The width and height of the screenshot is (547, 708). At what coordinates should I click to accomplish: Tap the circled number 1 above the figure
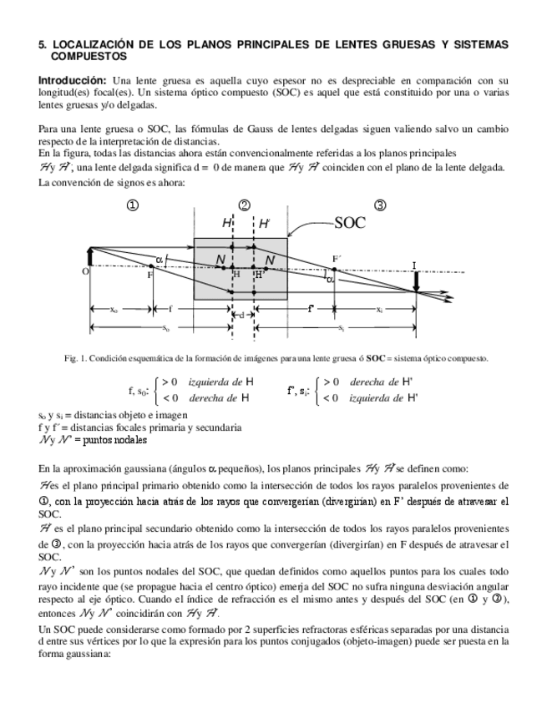pyautogui.click(x=133, y=205)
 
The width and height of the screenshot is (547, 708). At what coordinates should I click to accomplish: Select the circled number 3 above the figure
pyautogui.click(x=381, y=205)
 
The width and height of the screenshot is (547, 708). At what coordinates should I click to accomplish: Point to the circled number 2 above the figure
pyautogui.click(x=244, y=205)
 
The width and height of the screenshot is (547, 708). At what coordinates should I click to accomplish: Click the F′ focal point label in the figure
pyautogui.click(x=336, y=260)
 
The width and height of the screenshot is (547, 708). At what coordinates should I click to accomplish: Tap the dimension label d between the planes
pyautogui.click(x=242, y=315)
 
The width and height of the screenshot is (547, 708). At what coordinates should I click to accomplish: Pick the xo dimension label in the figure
pyautogui.click(x=114, y=310)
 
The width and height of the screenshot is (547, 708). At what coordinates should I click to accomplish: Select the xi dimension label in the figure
pyautogui.click(x=378, y=310)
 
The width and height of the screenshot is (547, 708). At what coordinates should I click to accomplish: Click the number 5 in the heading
pyautogui.click(x=43, y=43)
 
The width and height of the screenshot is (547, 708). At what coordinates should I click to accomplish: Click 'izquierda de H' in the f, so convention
pyautogui.click(x=220, y=382)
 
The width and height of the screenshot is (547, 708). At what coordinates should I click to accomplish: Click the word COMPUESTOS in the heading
pyautogui.click(x=89, y=56)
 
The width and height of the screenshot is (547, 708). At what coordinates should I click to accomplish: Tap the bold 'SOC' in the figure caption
pyautogui.click(x=376, y=358)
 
